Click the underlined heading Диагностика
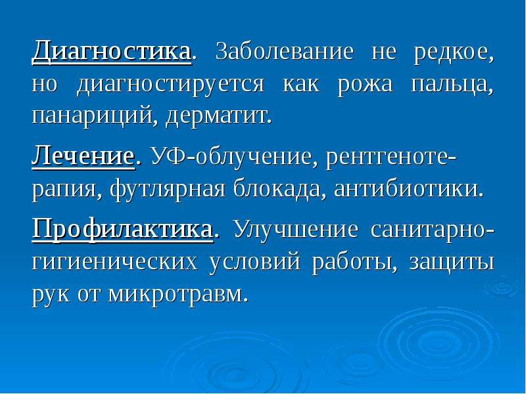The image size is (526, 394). [x=112, y=53]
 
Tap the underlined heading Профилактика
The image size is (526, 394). [x=123, y=229]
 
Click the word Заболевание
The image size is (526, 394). [x=285, y=52]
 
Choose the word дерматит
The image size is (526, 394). [x=218, y=116]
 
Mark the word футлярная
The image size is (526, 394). [x=168, y=190]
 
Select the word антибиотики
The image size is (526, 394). [x=409, y=188]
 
